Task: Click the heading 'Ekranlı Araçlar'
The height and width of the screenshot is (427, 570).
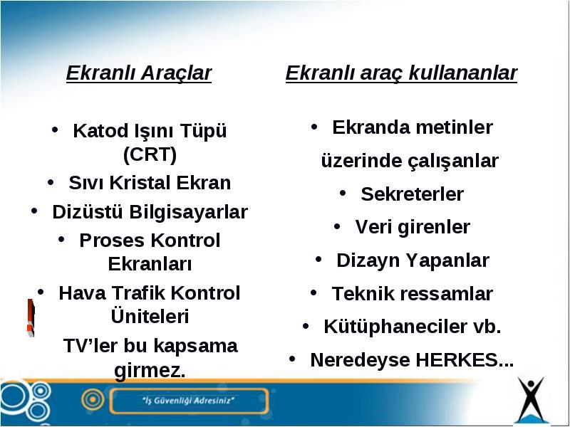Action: coord(139,74)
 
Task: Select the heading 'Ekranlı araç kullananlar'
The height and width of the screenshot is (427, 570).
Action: coord(401,74)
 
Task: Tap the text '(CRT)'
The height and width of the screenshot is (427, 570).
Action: coord(150,154)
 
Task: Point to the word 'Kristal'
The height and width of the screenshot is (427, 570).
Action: coord(140,183)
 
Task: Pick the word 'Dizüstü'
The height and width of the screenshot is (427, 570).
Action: coord(87,211)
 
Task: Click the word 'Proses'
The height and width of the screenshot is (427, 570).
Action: coord(111,241)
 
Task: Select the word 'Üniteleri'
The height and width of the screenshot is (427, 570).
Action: coord(150,316)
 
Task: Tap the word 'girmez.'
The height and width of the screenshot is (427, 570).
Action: coord(150,371)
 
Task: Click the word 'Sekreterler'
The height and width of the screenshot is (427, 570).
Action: coord(413,194)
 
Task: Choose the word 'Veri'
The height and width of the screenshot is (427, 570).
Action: coord(373,227)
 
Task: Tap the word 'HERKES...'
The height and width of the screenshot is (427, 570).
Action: coord(465,360)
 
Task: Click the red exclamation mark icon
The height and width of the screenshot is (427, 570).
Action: coord(31,317)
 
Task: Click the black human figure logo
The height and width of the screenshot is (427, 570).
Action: coord(531,399)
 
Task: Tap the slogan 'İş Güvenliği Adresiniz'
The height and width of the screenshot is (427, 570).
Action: coord(188,401)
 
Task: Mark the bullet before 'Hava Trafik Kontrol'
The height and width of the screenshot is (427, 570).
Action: coord(41,292)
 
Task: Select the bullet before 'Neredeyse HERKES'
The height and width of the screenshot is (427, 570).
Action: coord(292,359)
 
